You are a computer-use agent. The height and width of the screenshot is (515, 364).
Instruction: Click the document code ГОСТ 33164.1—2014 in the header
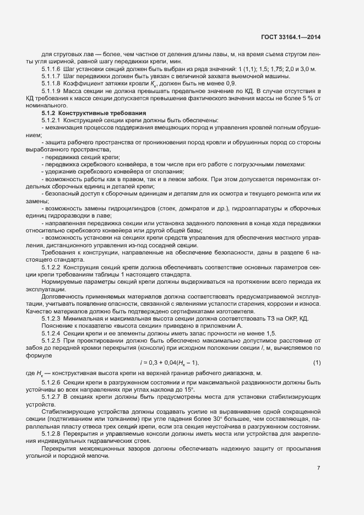pos(291,37)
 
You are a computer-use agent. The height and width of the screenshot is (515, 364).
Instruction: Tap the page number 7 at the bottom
pos(318,468)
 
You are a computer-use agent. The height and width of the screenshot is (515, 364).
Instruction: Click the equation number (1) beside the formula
pos(317,362)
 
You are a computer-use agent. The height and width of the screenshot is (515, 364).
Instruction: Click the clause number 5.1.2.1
pos(51,120)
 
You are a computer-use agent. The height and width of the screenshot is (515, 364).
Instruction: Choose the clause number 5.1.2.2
pos(51,267)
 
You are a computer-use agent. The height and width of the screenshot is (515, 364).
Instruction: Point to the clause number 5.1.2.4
pos(51,333)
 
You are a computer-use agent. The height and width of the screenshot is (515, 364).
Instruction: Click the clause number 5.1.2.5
pos(51,340)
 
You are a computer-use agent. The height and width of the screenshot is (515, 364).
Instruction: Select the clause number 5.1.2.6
pos(51,382)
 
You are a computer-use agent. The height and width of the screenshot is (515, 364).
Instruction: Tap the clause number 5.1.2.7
pos(51,397)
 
